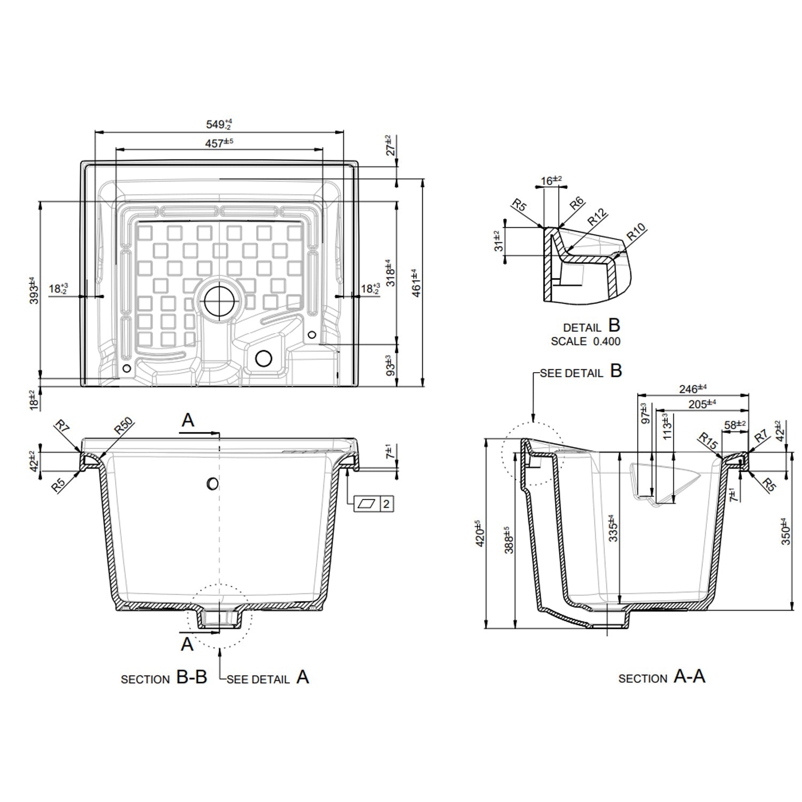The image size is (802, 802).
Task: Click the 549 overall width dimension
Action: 219,125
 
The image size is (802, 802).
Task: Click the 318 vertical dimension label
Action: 391,273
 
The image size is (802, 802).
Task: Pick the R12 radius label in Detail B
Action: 597,217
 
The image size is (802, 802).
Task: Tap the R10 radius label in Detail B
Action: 636,232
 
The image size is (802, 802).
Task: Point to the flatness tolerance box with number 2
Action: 375,504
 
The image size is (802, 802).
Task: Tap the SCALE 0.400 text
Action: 585,341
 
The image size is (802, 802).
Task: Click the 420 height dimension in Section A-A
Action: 480,533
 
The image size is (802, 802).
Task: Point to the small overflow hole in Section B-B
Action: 212,484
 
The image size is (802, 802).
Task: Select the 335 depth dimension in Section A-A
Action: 613,528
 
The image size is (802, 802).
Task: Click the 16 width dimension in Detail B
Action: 551,181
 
